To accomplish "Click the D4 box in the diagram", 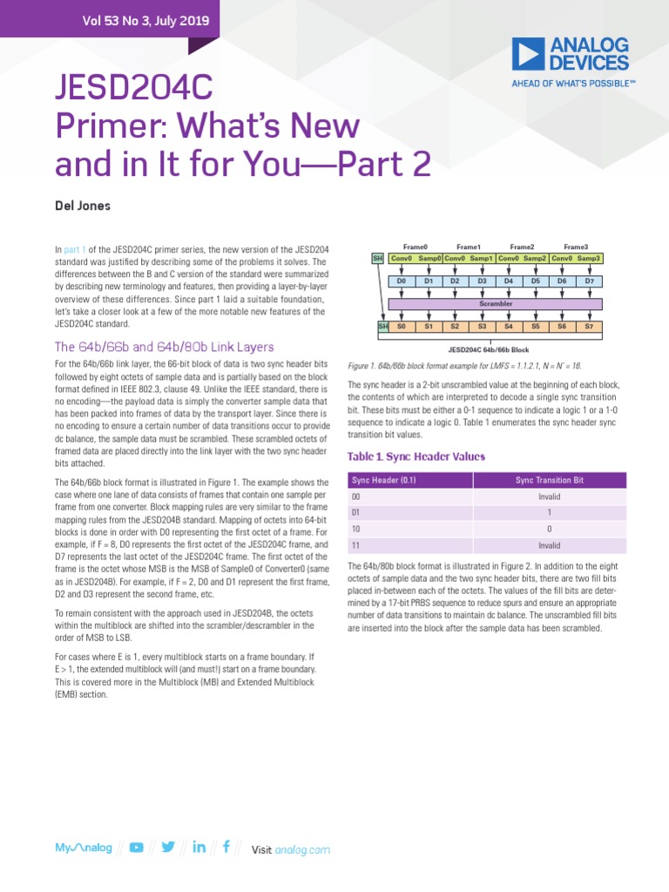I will coord(509,281).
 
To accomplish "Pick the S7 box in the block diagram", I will coord(590,327).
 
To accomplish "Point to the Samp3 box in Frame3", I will coord(589,259).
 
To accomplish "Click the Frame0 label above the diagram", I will coord(415,247).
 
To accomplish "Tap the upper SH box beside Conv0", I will coord(377,259).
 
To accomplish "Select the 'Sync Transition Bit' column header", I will coord(550,480).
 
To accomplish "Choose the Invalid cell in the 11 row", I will coord(550,545).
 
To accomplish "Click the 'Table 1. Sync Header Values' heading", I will coord(416,456).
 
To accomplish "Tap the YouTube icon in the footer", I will coord(137,848).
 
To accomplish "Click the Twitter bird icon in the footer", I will coord(168,848).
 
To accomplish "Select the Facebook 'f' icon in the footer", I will coord(226,848).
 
